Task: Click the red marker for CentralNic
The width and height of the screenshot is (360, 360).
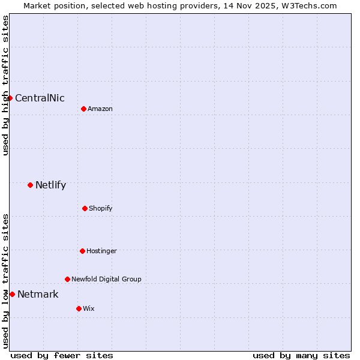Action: pos(10,98)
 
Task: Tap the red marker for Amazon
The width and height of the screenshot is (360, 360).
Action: pos(83,109)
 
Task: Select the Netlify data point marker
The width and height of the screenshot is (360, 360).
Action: pos(30,185)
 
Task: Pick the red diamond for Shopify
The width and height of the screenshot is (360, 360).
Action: pos(85,208)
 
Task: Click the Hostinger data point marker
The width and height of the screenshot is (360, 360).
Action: pos(82,251)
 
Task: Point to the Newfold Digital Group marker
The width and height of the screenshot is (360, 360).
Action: pos(67,279)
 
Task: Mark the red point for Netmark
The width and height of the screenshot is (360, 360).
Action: pos(12,294)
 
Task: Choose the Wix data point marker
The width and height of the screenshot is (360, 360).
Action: pos(79,308)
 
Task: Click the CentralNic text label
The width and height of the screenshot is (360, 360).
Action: pos(40,98)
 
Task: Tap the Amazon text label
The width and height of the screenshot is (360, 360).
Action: pos(100,109)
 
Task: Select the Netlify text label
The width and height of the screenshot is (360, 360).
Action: pos(50,185)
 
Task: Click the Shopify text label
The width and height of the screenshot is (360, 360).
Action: pos(101,209)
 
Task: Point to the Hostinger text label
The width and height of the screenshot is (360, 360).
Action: pos(101,251)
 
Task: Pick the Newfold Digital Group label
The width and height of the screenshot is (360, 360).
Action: pos(106,280)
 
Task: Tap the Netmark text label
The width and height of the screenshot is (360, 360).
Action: pos(38,295)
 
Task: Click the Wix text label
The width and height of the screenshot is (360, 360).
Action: pos(89,309)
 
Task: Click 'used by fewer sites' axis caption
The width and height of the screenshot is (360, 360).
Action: pos(62,355)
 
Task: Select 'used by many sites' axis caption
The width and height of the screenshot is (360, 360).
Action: pos(301,355)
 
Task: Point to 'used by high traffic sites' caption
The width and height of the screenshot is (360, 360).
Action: pos(5,85)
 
